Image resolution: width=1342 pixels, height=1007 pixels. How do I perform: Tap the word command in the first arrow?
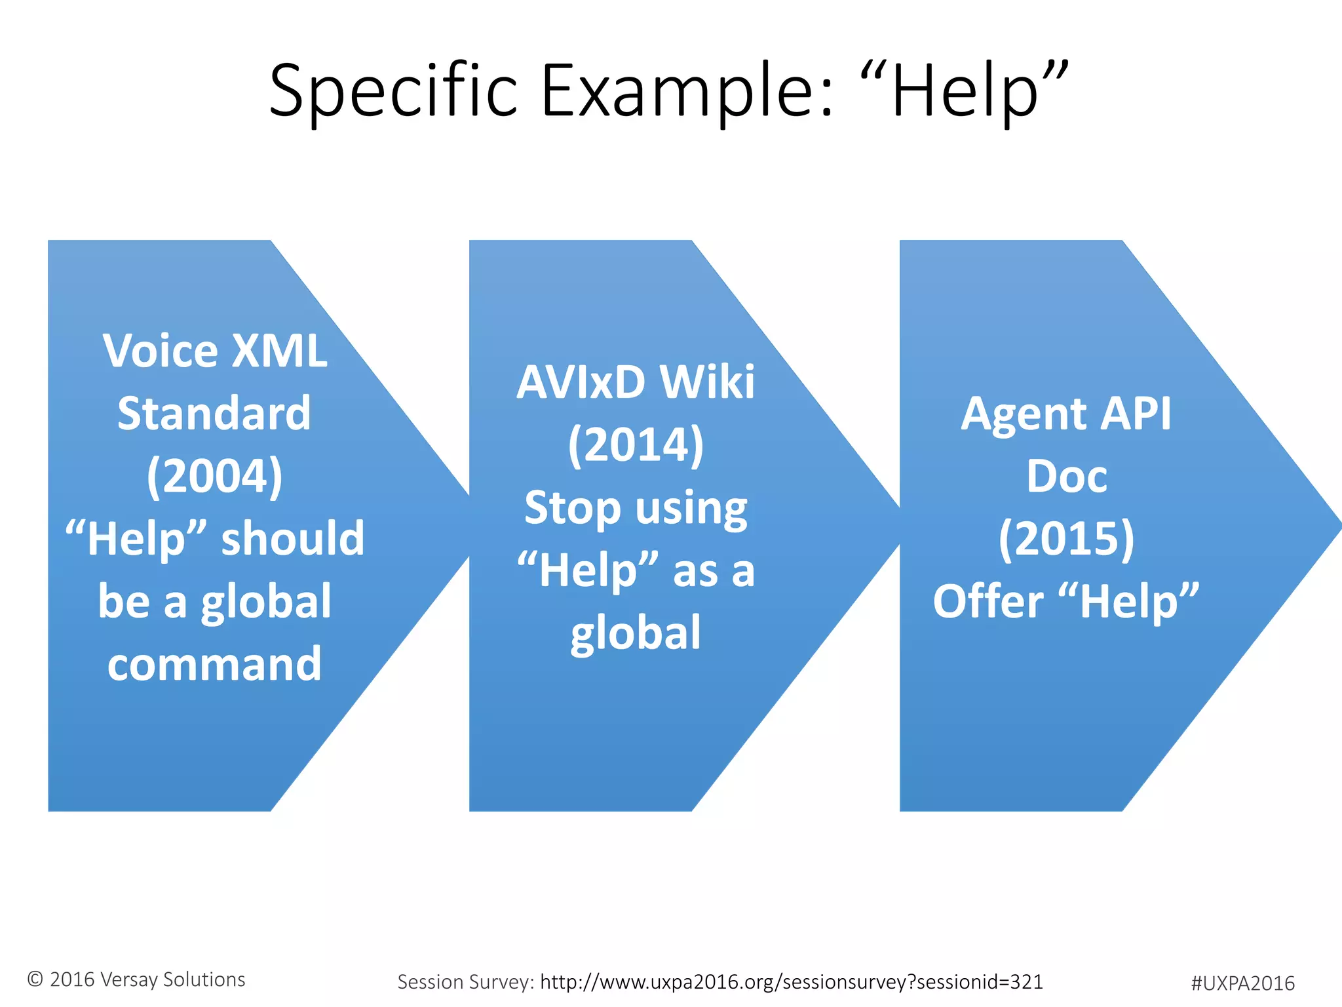pos(214,663)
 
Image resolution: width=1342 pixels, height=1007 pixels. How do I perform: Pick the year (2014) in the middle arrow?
pos(636,444)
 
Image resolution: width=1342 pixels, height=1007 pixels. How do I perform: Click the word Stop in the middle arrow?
pos(572,507)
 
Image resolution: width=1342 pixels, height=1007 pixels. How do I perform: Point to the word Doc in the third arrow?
pos(1067,476)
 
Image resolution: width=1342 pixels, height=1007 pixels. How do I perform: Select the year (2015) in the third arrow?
pos(1066,538)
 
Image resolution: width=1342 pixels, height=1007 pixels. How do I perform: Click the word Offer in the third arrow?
pos(988,601)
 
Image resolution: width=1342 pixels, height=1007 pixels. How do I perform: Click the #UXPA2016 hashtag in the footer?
pos(1242,983)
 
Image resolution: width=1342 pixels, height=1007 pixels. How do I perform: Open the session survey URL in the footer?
pos(791,981)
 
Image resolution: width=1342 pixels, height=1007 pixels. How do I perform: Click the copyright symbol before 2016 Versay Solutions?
pos(35,979)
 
